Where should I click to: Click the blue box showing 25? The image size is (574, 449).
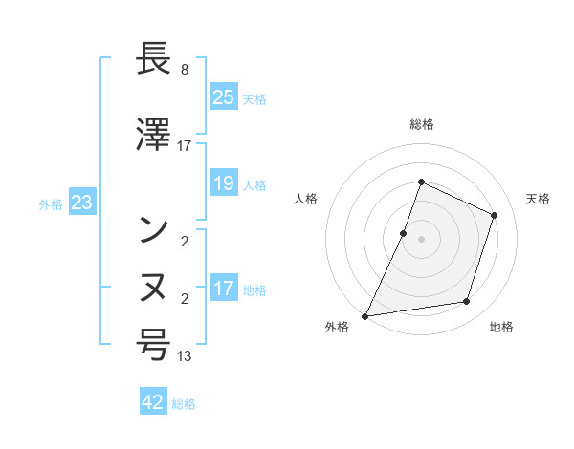tap(224, 97)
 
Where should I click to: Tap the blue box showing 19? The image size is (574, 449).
tap(224, 184)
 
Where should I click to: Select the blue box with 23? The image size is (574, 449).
tap(82, 203)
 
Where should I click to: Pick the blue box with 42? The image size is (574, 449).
tap(154, 402)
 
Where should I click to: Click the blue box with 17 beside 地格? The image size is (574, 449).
tap(224, 289)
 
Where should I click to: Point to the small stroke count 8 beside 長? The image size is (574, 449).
tap(184, 71)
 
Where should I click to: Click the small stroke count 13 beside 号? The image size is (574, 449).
tap(185, 356)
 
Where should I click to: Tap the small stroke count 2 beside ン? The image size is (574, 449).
tap(184, 241)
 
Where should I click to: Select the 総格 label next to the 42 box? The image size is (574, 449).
tap(184, 404)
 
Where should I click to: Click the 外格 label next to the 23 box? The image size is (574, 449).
tap(51, 203)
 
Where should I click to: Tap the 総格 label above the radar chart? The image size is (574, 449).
tap(421, 124)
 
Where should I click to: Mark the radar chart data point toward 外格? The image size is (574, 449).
tap(365, 315)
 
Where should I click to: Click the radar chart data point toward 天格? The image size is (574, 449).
tap(495, 215)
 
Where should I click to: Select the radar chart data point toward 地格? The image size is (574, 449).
tap(467, 302)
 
